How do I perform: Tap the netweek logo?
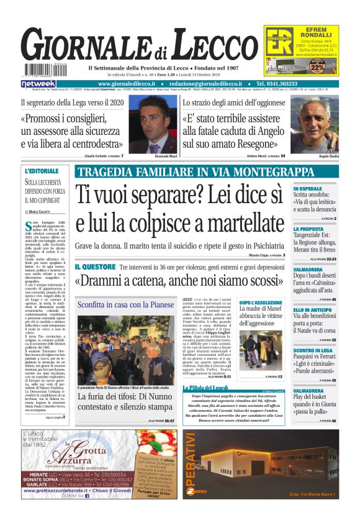39,83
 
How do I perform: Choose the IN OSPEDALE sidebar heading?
308,188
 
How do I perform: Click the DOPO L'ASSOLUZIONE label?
261,302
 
